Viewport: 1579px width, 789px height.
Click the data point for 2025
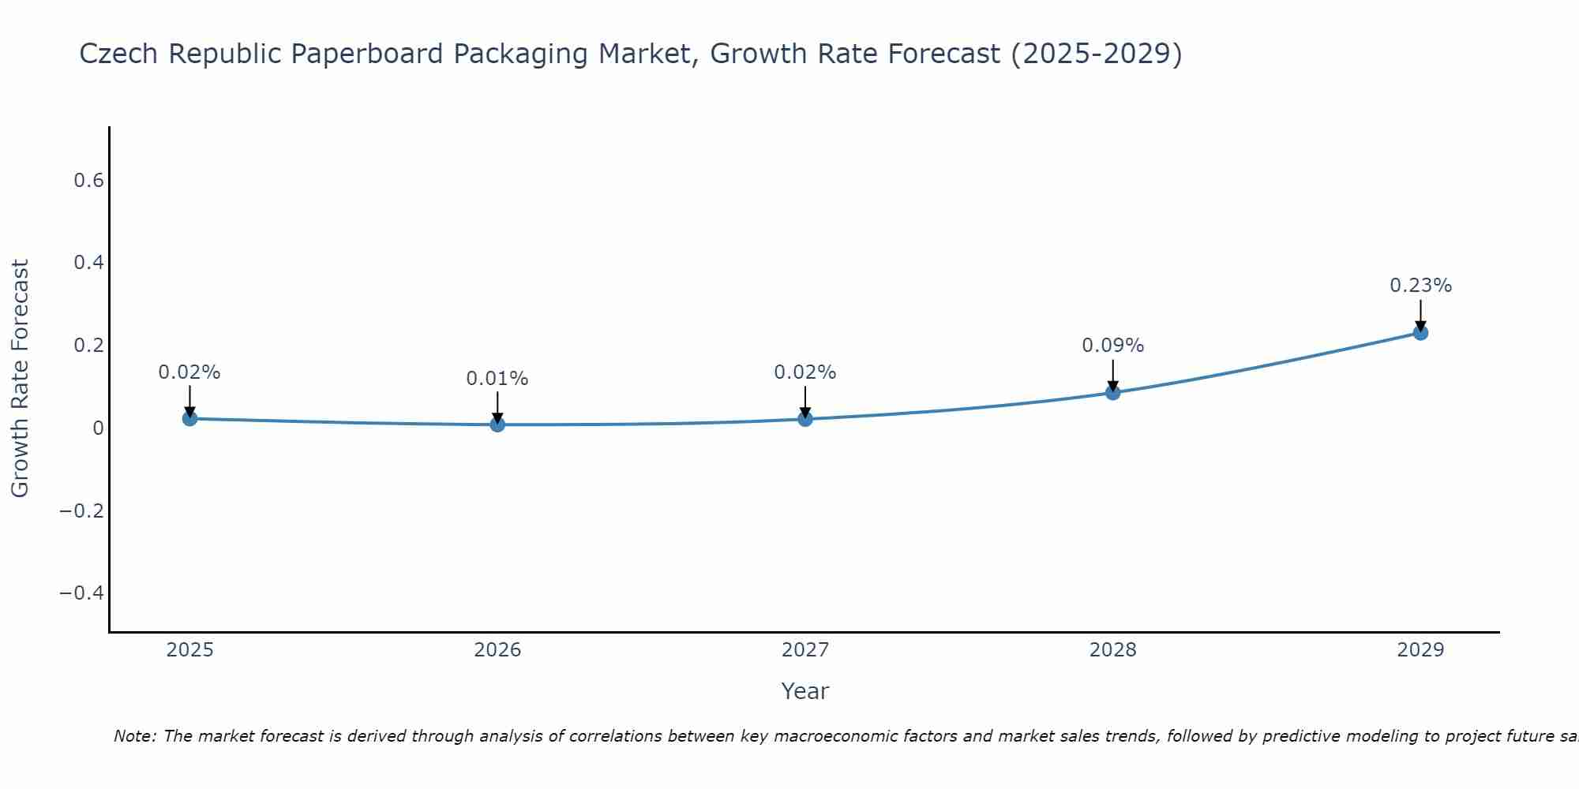tap(189, 418)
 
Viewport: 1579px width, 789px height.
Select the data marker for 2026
tap(497, 424)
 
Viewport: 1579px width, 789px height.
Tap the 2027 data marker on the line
tap(805, 418)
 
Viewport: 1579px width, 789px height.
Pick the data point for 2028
tap(1112, 392)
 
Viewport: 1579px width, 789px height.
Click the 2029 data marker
tap(1420, 333)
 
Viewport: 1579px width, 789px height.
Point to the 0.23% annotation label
tap(1420, 286)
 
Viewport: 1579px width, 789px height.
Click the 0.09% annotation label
tap(1112, 346)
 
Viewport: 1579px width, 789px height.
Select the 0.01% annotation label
tap(497, 379)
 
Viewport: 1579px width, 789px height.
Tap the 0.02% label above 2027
tap(805, 372)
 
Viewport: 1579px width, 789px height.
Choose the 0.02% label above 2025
tap(189, 372)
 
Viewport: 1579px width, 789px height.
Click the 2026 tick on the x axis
tap(497, 650)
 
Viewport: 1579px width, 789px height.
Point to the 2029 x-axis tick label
tap(1420, 650)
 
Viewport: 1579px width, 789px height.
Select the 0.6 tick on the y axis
tap(88, 181)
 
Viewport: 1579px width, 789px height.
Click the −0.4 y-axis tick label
tap(82, 593)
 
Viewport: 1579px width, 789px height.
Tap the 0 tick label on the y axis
tap(98, 428)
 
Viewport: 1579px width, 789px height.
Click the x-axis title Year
tap(805, 691)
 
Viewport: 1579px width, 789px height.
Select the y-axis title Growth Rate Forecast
tap(20, 379)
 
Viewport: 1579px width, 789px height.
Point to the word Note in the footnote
tap(134, 736)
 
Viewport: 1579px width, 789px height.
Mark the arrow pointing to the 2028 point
tap(1112, 375)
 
